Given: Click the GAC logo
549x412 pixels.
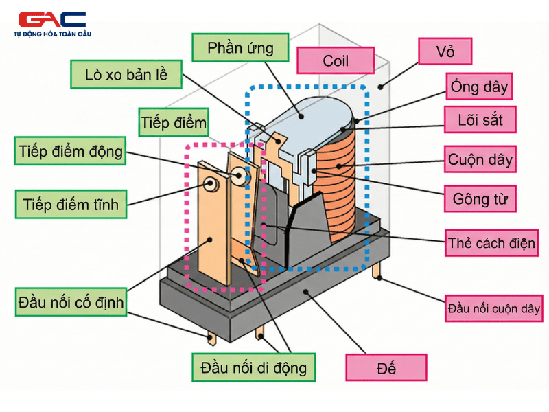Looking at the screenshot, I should [52, 19].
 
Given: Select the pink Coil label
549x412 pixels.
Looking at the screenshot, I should [336, 60].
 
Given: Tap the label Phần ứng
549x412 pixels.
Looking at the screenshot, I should [240, 48].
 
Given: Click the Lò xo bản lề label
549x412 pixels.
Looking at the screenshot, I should [126, 74].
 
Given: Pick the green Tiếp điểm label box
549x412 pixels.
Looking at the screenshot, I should [173, 122].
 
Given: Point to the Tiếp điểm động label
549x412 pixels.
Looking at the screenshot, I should [70, 151].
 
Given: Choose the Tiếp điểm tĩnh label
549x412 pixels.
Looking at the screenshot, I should [70, 204].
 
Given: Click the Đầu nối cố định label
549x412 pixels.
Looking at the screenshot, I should [71, 301].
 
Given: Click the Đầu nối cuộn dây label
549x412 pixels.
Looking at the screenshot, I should [493, 308].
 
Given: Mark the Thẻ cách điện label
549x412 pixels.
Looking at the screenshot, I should [491, 243].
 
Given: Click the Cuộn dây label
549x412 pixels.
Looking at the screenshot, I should [480, 159].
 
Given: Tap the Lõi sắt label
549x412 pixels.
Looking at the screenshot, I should [480, 120].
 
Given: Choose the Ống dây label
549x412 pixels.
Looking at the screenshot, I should [480, 87].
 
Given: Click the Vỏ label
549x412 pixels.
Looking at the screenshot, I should [445, 51].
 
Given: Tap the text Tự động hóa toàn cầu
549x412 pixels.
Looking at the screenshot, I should [52, 34].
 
